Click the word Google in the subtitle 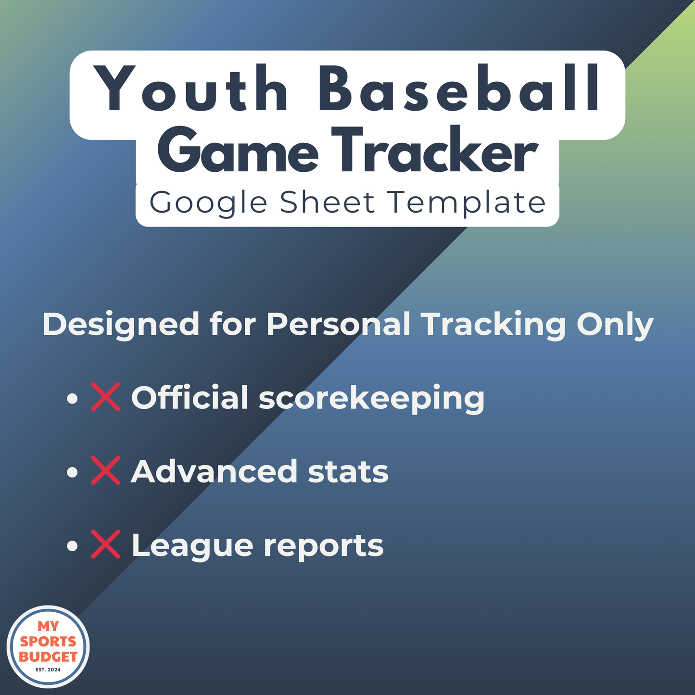pos(208,203)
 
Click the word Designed pos(121,325)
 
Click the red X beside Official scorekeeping pos(105,397)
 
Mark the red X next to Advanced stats pos(105,471)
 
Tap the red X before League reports pos(105,544)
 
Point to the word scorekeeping pos(371,399)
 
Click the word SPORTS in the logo pos(48,642)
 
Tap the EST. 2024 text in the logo pos(48,669)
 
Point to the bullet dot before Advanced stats pos(72,472)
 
